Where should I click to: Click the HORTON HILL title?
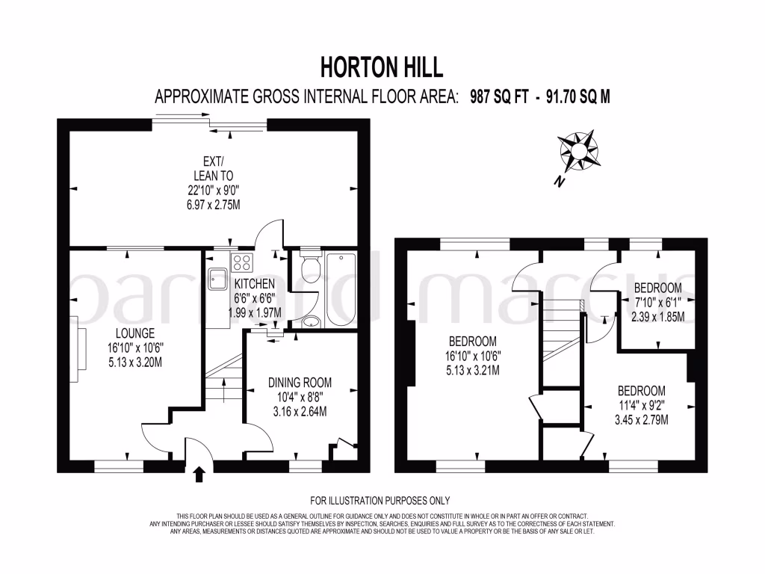(x=382, y=67)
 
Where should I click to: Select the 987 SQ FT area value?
(x=500, y=97)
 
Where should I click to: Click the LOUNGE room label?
(x=135, y=333)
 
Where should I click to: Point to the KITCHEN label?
(x=255, y=284)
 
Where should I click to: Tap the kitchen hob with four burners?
(x=243, y=262)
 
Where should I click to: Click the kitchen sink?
(x=217, y=278)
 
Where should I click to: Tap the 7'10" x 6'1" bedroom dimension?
(x=657, y=302)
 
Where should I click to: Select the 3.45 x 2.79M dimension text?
(x=641, y=419)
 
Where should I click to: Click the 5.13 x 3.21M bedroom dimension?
(x=472, y=370)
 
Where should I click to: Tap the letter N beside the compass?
(x=558, y=182)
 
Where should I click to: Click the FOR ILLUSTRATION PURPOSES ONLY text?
(x=380, y=501)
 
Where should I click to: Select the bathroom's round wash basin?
(x=311, y=323)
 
